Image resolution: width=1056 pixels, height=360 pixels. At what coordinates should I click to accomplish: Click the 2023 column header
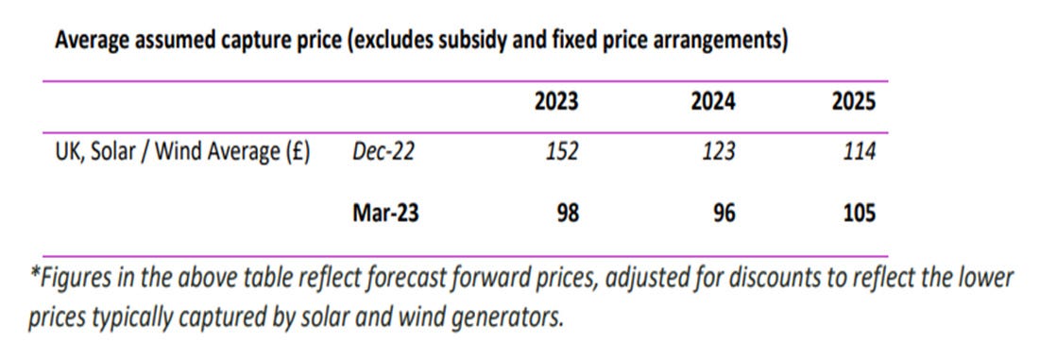click(555, 102)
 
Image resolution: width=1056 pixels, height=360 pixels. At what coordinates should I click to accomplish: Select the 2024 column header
click(715, 102)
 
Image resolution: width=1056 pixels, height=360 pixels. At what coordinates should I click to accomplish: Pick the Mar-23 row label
click(385, 214)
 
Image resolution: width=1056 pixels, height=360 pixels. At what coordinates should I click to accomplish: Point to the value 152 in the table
click(563, 151)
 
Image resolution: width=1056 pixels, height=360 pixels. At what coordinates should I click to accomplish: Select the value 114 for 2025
click(859, 151)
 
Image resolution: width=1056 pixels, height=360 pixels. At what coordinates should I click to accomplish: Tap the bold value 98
click(567, 214)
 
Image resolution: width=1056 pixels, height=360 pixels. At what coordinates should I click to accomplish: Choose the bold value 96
click(725, 214)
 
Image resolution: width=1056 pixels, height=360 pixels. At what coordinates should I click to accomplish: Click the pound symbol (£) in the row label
click(295, 151)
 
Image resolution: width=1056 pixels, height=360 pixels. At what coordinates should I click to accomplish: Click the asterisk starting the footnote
click(33, 280)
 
